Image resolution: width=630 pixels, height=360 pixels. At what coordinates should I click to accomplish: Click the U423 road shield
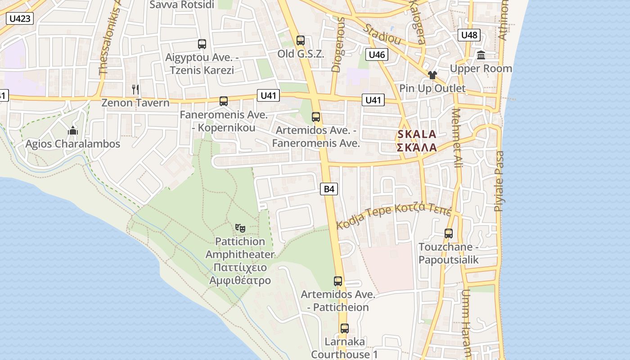(20, 18)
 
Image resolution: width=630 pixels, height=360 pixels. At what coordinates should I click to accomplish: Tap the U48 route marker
(469, 35)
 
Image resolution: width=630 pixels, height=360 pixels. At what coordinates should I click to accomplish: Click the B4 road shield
(329, 189)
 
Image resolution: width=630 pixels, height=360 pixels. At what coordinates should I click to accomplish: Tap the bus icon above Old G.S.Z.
(301, 40)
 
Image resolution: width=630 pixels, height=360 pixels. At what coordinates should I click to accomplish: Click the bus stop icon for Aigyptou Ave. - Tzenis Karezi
(202, 44)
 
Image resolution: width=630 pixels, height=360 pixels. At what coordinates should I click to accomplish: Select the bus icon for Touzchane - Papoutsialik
(448, 234)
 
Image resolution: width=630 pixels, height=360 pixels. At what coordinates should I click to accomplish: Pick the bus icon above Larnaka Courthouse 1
(344, 328)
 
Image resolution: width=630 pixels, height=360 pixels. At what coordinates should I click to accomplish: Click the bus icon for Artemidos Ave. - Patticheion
(338, 281)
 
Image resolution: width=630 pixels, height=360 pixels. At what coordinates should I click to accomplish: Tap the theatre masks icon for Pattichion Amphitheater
(240, 228)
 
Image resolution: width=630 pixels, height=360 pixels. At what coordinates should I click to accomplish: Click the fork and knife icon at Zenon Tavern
(135, 89)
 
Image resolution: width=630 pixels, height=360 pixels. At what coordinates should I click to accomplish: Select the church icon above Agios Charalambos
(73, 131)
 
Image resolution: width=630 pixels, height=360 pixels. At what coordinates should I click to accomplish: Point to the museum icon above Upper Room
(481, 55)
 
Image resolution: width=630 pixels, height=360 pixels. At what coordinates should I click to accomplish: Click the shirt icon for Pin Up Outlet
(432, 75)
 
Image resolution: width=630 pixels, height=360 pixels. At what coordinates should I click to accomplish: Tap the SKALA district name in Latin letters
(417, 134)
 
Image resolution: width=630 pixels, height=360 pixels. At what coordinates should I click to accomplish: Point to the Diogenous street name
(337, 45)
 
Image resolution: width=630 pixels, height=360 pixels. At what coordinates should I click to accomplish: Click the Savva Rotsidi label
(182, 5)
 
